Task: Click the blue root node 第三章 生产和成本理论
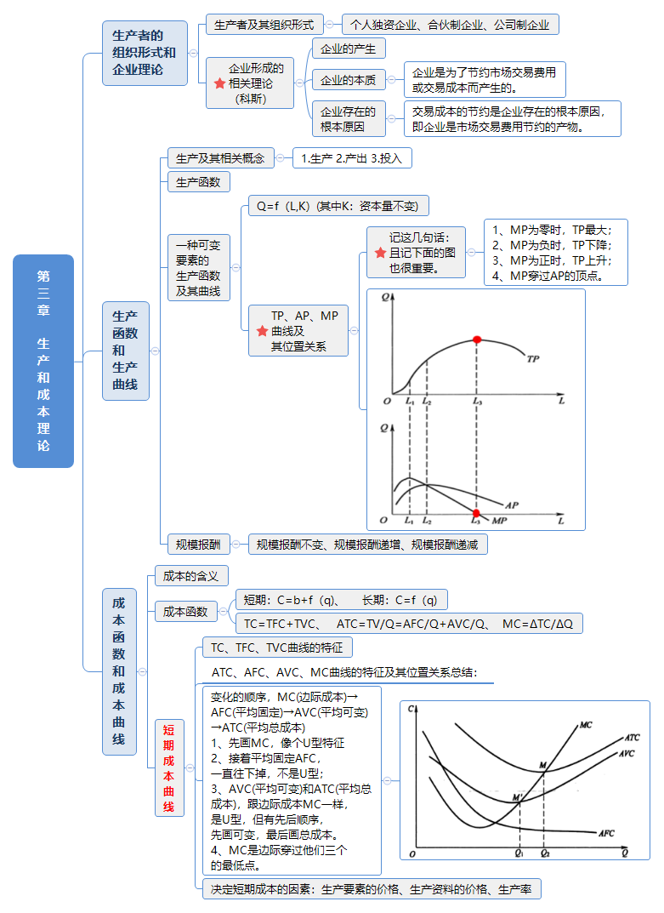click(x=43, y=361)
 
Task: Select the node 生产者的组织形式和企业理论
click(x=145, y=53)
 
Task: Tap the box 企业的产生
click(x=349, y=49)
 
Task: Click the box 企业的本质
click(x=349, y=81)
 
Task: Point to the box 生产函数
click(x=198, y=181)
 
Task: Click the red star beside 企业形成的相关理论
click(x=219, y=83)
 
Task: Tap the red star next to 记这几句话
click(x=380, y=253)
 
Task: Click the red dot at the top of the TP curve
click(x=477, y=340)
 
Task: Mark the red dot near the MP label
click(x=476, y=513)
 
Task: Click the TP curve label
click(x=533, y=359)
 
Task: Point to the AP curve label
click(x=512, y=504)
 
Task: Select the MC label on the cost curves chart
click(x=585, y=725)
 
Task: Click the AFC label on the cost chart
click(x=606, y=833)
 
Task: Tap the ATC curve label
click(x=631, y=738)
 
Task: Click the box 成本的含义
click(x=191, y=576)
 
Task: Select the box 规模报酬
click(x=198, y=545)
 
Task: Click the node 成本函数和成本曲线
click(x=119, y=671)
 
